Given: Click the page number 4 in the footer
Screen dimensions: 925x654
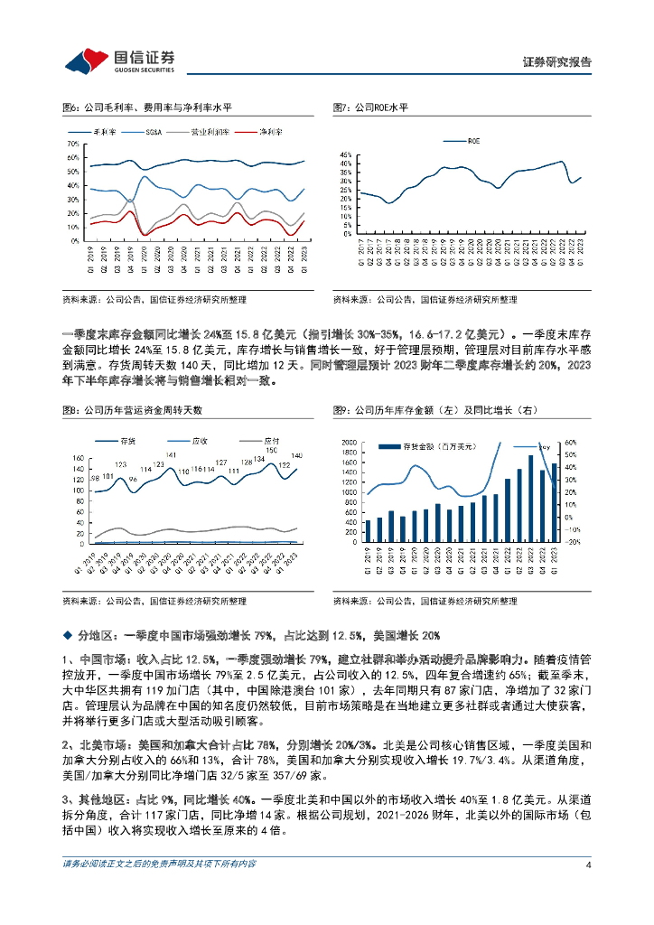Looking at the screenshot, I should pyautogui.click(x=588, y=864).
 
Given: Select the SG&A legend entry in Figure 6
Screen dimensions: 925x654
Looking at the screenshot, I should pyautogui.click(x=156, y=132).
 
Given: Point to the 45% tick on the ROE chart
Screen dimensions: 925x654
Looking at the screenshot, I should pyautogui.click(x=346, y=154).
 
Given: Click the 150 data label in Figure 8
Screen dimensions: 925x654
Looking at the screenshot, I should pyautogui.click(x=271, y=449).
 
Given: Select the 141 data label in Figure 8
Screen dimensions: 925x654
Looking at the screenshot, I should pyautogui.click(x=170, y=454).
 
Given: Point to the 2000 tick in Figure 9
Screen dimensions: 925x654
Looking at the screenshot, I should pyautogui.click(x=349, y=443).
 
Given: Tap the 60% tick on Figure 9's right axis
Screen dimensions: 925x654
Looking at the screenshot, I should pyautogui.click(x=570, y=443).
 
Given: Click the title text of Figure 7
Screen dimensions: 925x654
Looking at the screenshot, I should pyautogui.click(x=370, y=107).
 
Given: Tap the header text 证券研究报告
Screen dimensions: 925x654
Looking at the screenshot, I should pyautogui.click(x=557, y=62).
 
